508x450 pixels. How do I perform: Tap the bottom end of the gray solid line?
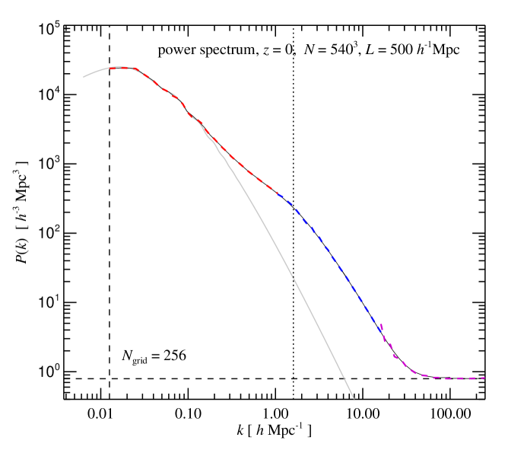point(354,397)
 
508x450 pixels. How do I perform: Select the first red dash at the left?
point(113,69)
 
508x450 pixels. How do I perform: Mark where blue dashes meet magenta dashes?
point(380,325)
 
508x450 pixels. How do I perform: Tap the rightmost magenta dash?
point(481,378)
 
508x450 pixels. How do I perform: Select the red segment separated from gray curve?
point(243,167)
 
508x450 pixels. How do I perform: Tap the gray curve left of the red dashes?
point(95,72)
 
